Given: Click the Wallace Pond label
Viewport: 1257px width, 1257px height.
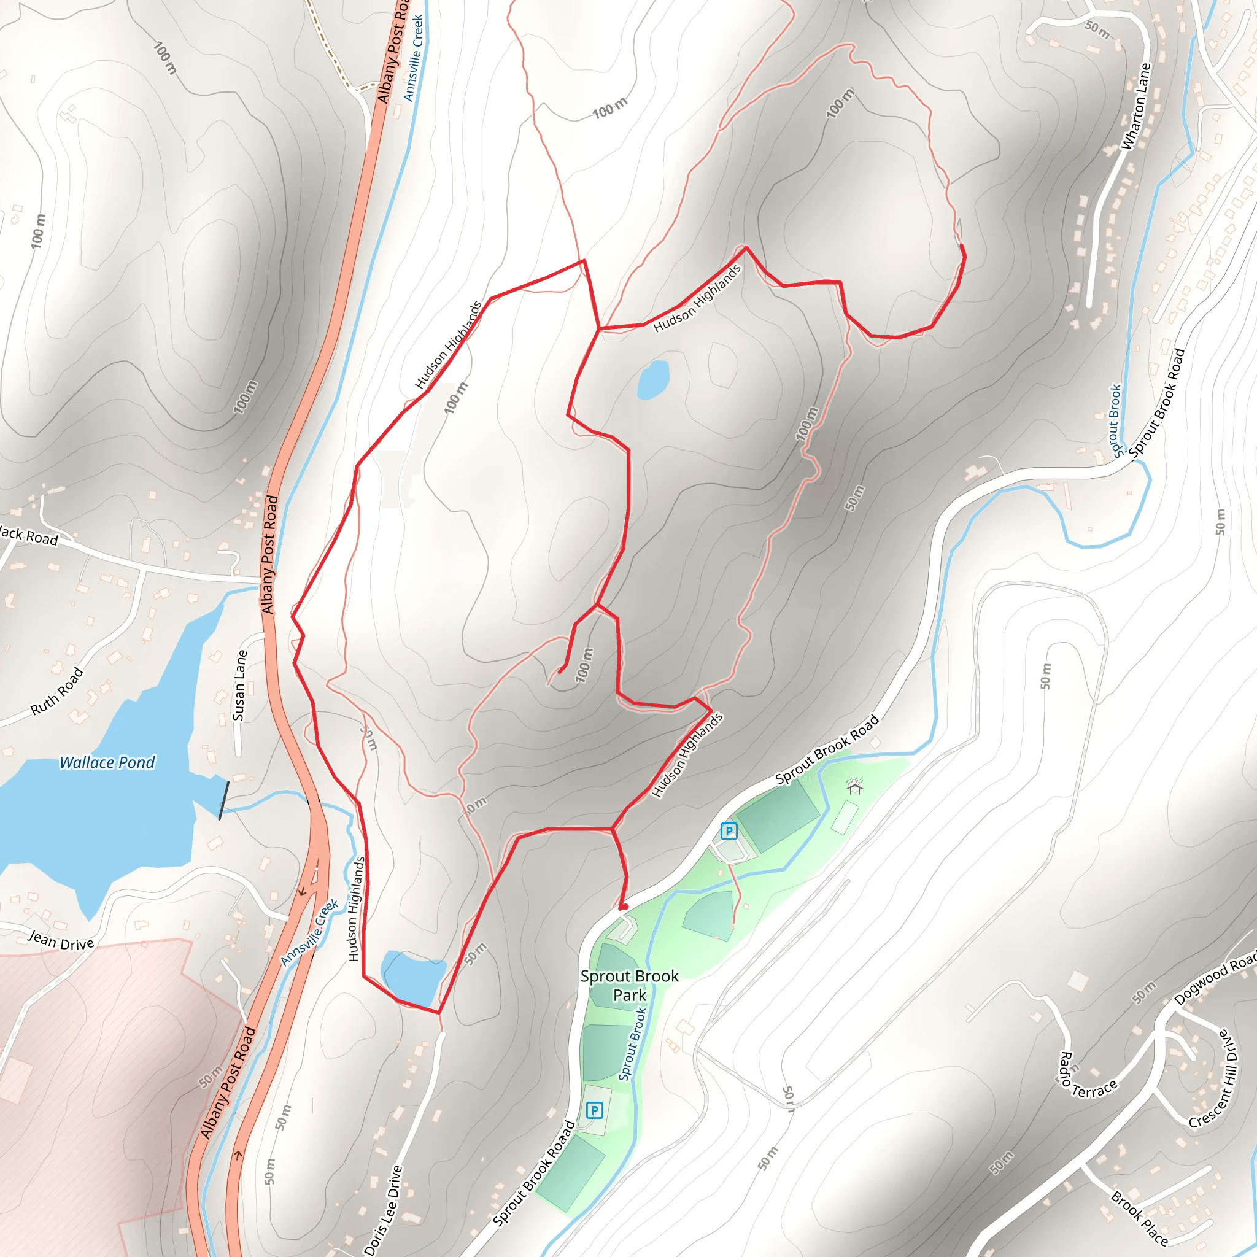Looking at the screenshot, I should pos(107,762).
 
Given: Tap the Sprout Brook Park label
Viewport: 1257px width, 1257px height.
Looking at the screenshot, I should pos(629,986).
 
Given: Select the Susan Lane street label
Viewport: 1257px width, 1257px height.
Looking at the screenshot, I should pos(240,686).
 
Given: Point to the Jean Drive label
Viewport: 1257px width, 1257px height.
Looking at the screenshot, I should pos(61,941).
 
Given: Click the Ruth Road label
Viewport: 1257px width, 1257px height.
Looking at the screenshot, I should pos(57,691).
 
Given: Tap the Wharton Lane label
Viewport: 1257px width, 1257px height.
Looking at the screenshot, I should pos(1136,106).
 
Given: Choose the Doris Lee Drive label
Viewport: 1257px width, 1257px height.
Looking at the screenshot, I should pos(383,1211).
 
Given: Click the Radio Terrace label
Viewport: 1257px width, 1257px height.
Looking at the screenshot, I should pos(1086,1081).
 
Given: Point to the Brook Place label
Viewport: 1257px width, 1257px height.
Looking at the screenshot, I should pos(1139,1218).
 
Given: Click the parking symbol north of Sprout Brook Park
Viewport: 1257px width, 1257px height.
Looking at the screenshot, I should pos(729,831).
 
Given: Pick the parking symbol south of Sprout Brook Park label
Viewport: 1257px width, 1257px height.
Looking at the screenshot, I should pos(594,1110).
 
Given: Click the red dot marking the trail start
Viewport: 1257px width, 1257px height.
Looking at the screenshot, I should pos(624,907).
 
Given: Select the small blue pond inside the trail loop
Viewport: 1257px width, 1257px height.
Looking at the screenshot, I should pos(653,379).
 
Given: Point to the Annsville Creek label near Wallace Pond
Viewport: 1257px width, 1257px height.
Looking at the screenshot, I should pos(311,932).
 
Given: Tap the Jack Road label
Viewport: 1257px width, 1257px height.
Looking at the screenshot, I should pos(29,535).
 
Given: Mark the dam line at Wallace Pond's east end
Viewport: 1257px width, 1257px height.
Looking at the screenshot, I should pos(224,800).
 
